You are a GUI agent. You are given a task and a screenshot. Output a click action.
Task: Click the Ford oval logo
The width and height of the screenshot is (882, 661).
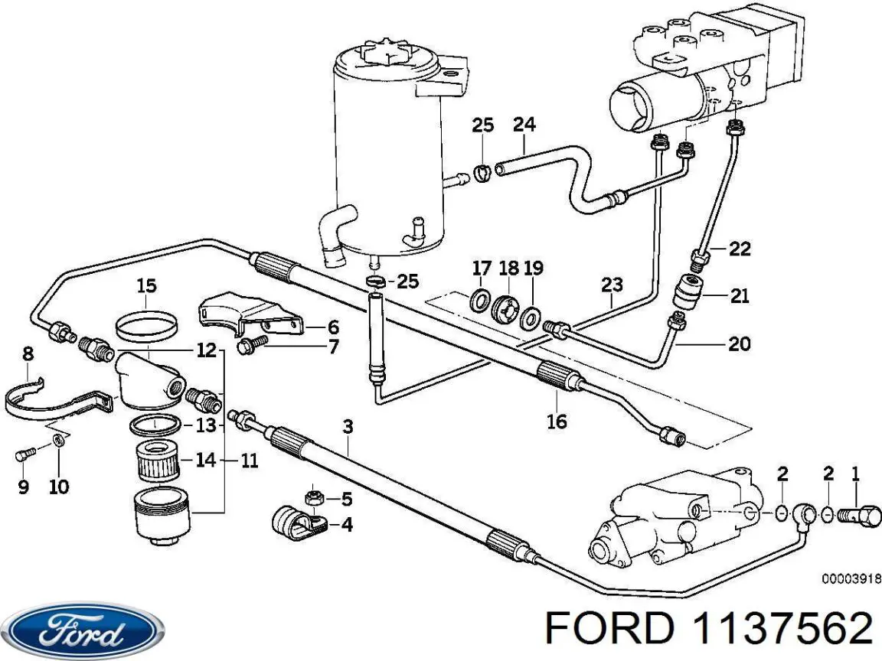83,631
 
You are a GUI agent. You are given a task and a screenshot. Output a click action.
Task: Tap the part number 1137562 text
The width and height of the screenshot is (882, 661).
782,630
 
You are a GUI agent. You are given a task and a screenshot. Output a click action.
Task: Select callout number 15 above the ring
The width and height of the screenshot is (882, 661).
146,286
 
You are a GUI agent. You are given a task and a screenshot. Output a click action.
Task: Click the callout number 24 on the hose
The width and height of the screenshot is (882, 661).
524,124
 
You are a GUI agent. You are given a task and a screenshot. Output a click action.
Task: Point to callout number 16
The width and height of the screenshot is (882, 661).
557,421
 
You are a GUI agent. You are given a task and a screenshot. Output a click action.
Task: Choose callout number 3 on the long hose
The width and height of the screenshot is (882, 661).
348,426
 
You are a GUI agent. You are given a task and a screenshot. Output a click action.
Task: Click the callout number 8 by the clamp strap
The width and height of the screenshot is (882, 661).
28,353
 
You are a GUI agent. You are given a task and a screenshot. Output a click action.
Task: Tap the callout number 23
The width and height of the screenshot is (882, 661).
611,285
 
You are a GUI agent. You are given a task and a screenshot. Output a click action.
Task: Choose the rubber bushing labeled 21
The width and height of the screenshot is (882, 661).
685,291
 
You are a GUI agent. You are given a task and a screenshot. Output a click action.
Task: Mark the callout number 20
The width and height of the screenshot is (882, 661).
739,344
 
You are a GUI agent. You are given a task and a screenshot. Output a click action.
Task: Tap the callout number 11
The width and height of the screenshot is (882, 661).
248,461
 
